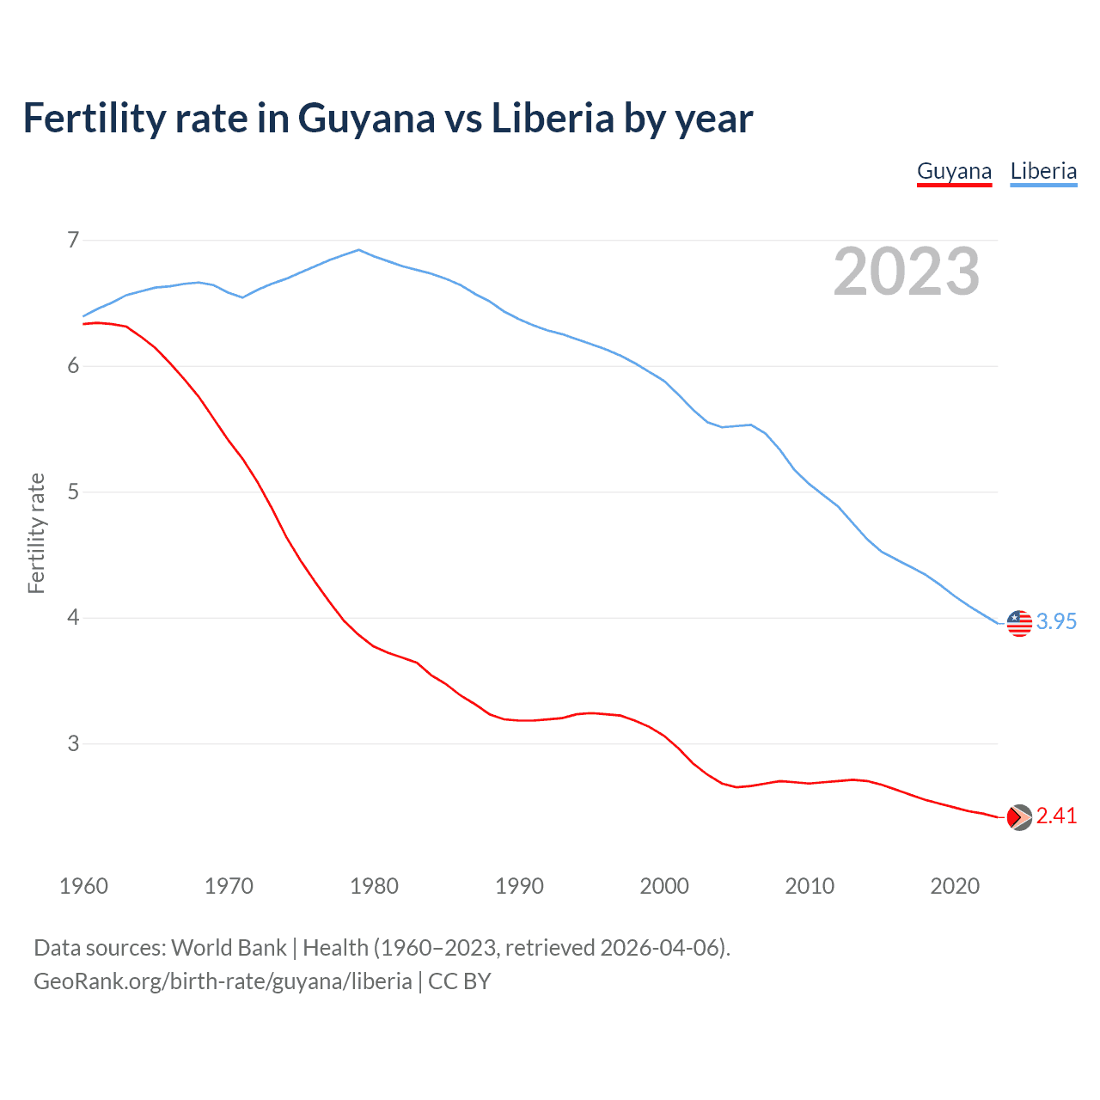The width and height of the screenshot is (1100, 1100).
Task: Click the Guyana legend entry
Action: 954,171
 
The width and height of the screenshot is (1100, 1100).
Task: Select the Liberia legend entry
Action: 1043,171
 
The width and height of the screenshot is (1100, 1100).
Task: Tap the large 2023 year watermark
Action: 907,272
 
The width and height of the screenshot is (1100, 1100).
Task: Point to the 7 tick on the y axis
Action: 73,240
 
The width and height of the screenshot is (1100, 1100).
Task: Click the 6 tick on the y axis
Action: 73,366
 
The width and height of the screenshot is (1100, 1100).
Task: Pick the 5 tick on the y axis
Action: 73,492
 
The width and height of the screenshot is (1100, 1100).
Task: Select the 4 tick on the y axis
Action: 73,618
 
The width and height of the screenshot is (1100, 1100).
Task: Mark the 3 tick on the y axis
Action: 73,743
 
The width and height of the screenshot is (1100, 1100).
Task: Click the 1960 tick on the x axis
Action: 83,886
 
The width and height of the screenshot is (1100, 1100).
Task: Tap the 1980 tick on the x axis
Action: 374,886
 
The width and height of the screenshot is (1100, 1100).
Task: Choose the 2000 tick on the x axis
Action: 664,886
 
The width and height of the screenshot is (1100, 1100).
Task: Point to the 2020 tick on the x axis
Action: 955,886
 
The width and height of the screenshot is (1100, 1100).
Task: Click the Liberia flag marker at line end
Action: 1019,623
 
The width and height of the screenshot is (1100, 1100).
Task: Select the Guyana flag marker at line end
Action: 1019,817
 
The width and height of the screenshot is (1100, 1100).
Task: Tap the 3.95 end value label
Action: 1056,621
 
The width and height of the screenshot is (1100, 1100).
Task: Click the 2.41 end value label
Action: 1056,816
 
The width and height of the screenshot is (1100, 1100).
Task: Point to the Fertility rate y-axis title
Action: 36,533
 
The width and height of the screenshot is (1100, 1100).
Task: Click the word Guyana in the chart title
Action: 366,118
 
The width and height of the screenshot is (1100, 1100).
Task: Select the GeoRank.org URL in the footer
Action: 223,981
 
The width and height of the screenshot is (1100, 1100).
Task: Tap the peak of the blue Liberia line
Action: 359,250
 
